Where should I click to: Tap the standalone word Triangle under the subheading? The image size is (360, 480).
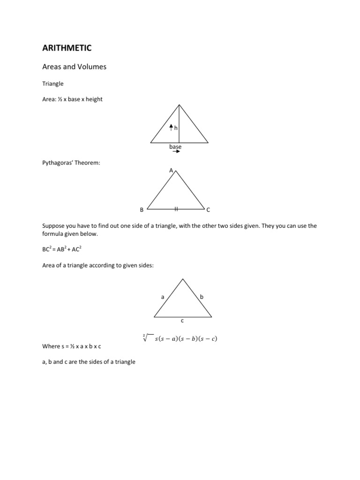(x=52, y=84)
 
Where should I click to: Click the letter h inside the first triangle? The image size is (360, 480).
(x=176, y=127)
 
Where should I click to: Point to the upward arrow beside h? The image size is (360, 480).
(x=172, y=127)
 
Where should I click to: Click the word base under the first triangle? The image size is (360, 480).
(x=175, y=147)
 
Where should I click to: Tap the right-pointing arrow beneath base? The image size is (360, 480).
(x=176, y=152)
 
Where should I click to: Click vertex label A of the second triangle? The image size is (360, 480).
(x=171, y=170)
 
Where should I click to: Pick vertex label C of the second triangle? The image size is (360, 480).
(x=209, y=210)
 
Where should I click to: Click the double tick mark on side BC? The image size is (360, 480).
(x=176, y=208)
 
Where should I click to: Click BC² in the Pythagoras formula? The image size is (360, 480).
(x=48, y=250)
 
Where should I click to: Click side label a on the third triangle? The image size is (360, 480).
(x=163, y=297)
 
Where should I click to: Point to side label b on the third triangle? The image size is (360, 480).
(x=202, y=297)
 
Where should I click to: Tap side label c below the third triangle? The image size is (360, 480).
(x=182, y=321)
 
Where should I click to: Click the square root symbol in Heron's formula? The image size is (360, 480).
(x=146, y=337)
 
